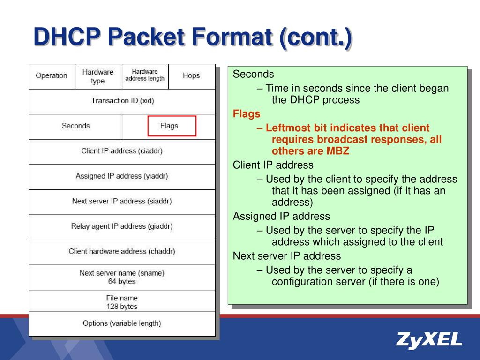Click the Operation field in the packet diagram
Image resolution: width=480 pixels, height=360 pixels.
[52, 76]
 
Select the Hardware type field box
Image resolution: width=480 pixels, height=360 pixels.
[98, 76]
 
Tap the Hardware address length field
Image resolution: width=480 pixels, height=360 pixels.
[145, 75]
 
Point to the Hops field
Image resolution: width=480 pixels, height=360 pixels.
[191, 75]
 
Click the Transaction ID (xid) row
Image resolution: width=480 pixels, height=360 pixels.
[122, 101]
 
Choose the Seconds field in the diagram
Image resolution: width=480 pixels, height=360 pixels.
[75, 126]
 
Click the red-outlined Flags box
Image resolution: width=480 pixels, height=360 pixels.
[172, 126]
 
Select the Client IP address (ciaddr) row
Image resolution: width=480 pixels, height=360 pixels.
[122, 151]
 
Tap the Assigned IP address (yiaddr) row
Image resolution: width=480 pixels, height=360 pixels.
[122, 176]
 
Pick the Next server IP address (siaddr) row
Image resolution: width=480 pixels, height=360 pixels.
[122, 201]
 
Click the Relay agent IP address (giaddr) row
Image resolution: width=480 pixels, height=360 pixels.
[122, 226]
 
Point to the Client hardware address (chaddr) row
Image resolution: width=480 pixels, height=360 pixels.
[122, 251]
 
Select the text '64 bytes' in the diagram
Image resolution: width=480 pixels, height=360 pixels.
[122, 282]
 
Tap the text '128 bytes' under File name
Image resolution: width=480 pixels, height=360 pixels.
[122, 307]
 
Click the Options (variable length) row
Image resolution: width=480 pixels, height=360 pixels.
[122, 323]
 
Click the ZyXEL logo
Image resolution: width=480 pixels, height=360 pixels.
[428, 339]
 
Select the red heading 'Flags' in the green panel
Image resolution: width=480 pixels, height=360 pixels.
[247, 114]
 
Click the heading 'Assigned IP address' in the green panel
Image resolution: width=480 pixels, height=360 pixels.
[281, 216]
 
